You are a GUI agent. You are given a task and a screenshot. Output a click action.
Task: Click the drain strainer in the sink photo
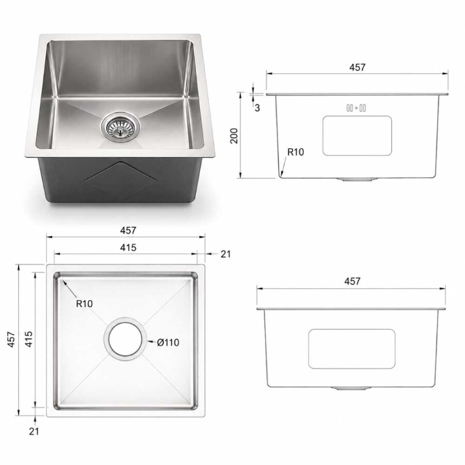point(120,127)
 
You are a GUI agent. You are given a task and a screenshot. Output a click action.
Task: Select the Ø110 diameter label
point(168,343)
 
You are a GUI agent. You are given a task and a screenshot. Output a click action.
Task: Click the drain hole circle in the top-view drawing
point(125,339)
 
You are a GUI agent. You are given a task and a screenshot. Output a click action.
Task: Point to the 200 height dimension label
point(234,136)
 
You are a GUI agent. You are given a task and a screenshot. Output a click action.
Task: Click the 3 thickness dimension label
point(257,108)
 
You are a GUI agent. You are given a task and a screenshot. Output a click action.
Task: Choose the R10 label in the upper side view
point(296,152)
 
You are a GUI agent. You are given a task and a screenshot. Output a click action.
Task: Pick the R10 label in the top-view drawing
point(84,304)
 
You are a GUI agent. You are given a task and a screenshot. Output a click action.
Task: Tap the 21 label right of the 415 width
point(225,254)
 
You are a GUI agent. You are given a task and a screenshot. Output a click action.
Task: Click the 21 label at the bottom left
point(34,431)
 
